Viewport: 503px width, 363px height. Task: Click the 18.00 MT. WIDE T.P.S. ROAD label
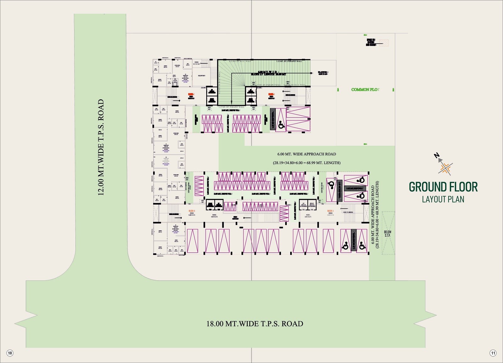click(255, 324)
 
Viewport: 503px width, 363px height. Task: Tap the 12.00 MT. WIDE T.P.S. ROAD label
click(101, 147)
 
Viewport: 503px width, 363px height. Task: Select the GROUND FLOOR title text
click(443, 187)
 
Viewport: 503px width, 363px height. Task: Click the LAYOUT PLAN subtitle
click(443, 199)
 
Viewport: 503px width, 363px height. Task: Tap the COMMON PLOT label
click(365, 90)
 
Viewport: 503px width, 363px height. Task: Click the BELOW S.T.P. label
click(387, 234)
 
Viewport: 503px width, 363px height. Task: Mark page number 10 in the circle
click(10, 353)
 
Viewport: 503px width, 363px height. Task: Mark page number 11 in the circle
click(493, 353)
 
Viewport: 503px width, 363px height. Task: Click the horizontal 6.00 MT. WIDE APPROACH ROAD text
click(307, 154)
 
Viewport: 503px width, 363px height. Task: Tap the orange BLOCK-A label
click(330, 211)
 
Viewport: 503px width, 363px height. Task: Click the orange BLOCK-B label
click(192, 211)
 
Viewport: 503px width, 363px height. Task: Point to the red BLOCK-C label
click(191, 94)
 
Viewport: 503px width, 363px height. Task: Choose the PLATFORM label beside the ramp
click(323, 72)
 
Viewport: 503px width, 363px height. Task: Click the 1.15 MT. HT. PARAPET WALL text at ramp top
click(289, 61)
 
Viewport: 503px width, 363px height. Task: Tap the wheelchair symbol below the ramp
click(281, 125)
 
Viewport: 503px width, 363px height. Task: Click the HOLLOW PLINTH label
click(201, 76)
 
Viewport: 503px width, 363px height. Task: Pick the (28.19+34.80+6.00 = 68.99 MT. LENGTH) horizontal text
click(307, 163)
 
